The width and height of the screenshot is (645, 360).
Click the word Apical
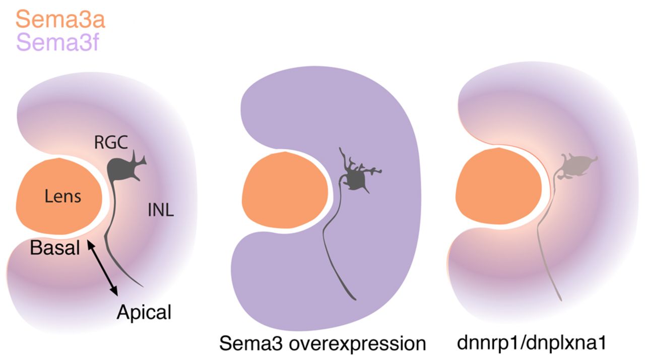[144, 312]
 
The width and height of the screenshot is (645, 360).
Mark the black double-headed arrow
[103, 268]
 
